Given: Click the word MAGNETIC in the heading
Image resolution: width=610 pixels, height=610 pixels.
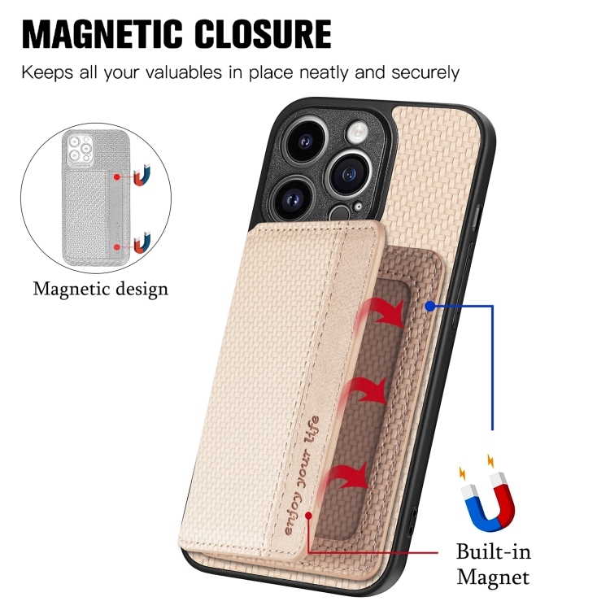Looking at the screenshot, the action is [102, 34].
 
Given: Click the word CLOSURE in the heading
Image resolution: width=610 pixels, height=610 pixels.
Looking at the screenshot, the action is [263, 34].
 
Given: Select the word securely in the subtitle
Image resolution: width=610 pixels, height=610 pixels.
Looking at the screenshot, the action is [425, 73].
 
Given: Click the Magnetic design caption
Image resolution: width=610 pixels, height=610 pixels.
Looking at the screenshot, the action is [101, 290].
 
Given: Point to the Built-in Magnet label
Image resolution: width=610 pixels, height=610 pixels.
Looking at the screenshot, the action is [494, 564].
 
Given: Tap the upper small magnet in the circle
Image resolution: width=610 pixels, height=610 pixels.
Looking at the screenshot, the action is [142, 176].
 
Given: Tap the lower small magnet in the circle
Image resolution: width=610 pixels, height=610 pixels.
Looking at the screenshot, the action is [142, 242].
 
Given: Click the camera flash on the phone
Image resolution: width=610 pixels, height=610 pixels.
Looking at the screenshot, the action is [357, 133].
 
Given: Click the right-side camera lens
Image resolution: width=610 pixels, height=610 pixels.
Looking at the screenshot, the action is [348, 174].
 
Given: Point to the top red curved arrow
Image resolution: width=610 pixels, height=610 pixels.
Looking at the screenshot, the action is [381, 312].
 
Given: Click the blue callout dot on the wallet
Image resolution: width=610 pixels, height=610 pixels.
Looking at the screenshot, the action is [430, 307].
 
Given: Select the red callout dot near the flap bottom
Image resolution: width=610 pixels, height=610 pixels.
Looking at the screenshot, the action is [308, 516].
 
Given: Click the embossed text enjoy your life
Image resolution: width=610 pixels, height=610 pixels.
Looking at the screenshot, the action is [302, 476].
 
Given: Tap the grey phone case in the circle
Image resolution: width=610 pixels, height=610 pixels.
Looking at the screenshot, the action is [96, 197].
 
